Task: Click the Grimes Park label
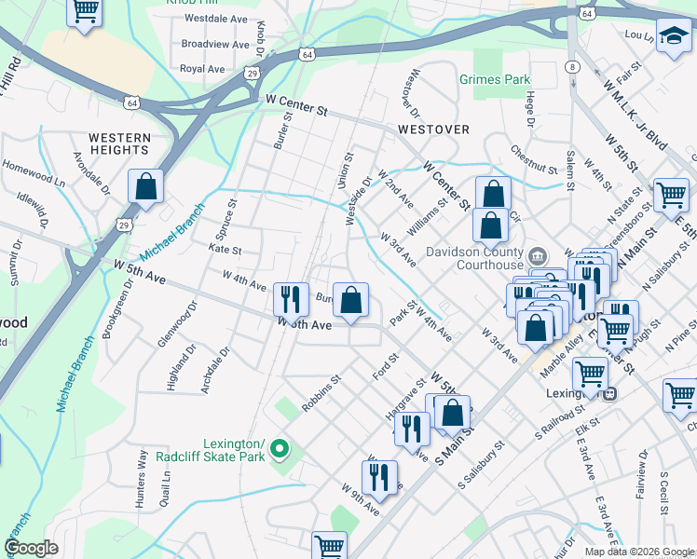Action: [494, 80]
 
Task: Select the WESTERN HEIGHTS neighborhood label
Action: [119, 143]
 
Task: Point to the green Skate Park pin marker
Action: [278, 451]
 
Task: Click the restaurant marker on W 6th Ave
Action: [291, 299]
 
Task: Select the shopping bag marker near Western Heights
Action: [146, 185]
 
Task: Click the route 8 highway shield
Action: [573, 67]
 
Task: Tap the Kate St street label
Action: [225, 251]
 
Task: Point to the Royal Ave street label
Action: [202, 69]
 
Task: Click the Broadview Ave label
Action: [215, 44]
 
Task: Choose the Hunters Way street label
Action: [143, 467]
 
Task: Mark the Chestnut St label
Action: [531, 159]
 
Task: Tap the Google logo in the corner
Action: [31, 548]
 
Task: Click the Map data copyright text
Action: [639, 552]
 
